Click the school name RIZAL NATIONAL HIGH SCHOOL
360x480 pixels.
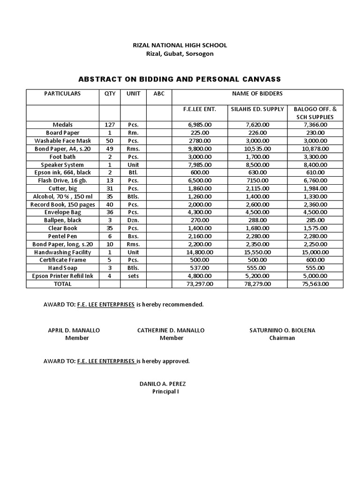tap(180, 45)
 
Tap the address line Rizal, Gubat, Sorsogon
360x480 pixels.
tap(180, 54)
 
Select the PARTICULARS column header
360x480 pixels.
tap(62, 94)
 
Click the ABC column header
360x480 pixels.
tap(159, 94)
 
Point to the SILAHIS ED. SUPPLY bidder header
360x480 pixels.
tap(257, 109)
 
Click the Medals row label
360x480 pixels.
tap(62, 125)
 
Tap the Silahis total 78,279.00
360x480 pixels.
tap(257, 284)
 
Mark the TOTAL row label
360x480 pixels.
tap(62, 284)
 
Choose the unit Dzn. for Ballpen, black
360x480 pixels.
tap(133, 220)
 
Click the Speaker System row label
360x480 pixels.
tap(62, 165)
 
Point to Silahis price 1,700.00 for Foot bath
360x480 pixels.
tap(257, 157)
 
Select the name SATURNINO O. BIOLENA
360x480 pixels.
tap(282, 330)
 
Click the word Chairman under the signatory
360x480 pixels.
tap(282, 338)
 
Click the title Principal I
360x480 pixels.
tap(165, 392)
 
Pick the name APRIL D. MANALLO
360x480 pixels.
tap(74, 330)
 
